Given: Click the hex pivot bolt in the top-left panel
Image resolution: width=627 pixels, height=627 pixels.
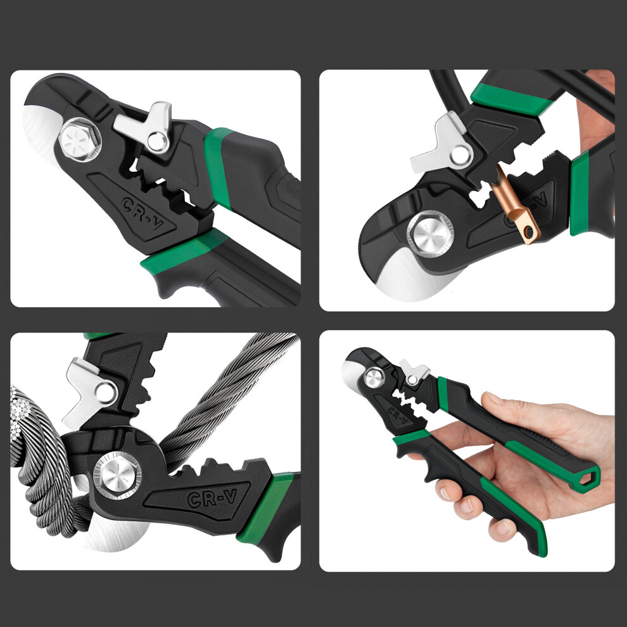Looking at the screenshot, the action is pyautogui.click(x=80, y=140).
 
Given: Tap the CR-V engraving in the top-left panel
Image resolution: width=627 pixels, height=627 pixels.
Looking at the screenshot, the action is pyautogui.click(x=142, y=213).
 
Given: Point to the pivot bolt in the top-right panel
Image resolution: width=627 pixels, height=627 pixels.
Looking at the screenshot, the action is pyautogui.click(x=430, y=234).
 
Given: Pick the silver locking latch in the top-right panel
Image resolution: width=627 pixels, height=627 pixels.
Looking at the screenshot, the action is pyautogui.click(x=441, y=144).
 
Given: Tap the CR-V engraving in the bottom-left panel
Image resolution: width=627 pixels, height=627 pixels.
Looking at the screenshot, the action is pyautogui.click(x=212, y=498).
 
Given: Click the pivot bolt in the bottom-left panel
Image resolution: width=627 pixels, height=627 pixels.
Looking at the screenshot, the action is pyautogui.click(x=117, y=476).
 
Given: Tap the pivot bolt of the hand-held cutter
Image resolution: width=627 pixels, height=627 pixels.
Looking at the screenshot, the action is pyautogui.click(x=374, y=378).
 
